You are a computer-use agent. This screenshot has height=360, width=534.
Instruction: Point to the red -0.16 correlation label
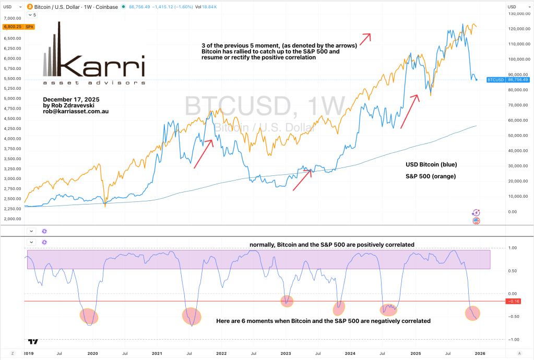tap(514, 302)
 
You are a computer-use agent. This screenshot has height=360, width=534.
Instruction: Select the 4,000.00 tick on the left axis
tap(11, 138)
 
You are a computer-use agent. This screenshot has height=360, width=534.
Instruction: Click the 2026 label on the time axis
tap(479, 353)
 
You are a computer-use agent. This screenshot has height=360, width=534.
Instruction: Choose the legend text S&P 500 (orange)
tap(432, 176)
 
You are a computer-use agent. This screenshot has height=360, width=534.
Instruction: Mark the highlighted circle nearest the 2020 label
tap(88, 316)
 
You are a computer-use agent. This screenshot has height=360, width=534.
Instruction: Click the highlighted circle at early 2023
tap(287, 301)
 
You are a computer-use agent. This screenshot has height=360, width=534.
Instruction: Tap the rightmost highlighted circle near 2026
tap(476, 313)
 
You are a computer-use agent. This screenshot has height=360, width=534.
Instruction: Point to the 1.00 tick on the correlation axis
tap(512, 248)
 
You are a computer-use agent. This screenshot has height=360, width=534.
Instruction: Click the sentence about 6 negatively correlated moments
tap(323, 321)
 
